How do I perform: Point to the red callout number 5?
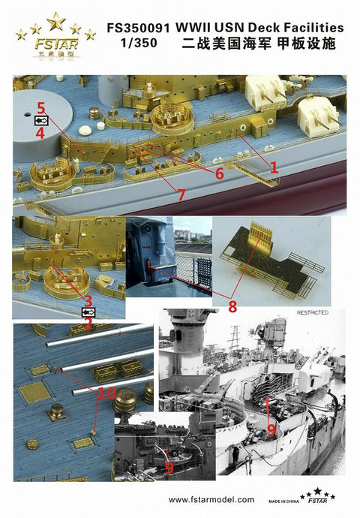click(x=41, y=107)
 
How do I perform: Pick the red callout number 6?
click(x=219, y=173)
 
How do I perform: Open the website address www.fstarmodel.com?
click(x=211, y=499)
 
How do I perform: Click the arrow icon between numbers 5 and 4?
click(x=41, y=120)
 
